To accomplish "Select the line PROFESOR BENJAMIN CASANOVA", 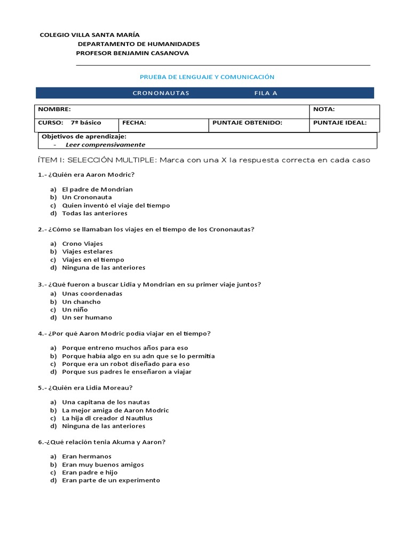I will pos(132,53).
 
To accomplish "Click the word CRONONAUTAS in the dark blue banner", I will pos(161,93).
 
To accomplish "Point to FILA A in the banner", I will pos(266,93).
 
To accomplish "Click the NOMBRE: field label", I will pos(54,109).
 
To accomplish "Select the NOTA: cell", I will pos(324,109).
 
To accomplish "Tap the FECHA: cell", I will pos(134,122).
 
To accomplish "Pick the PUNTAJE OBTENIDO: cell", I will pos(247,122).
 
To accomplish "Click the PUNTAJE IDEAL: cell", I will pos(340,122).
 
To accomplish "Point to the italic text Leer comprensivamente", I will pos(105,145).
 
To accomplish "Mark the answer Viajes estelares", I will pos(88,252).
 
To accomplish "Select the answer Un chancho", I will pos(81,302).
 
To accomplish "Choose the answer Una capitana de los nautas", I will pos(106,402).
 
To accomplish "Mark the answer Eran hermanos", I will pos(87,457).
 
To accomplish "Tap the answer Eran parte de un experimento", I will pos(111,480).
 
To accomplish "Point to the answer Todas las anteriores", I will pos(94,213).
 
